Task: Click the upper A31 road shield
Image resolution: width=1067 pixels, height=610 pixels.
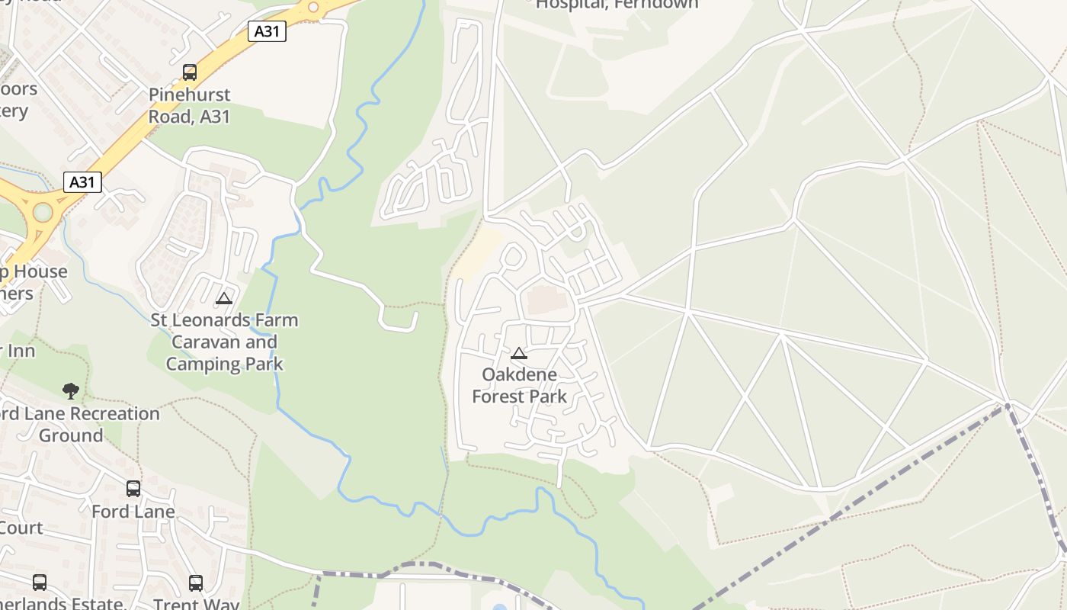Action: coord(267,31)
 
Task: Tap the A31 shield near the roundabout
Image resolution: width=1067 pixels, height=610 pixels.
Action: coord(82,182)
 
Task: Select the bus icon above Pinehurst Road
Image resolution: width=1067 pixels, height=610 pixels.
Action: coord(190,72)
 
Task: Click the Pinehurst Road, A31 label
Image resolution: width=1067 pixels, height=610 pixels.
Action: coord(189,106)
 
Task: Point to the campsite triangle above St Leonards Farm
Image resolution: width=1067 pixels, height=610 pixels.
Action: coord(223,298)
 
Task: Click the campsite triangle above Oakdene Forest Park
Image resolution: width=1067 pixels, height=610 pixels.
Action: coord(519,353)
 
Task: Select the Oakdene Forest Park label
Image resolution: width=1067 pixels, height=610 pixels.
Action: coord(520,386)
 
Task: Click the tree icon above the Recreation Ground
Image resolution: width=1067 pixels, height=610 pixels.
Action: coord(71,391)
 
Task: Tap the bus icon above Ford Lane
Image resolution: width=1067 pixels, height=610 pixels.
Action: coord(133,489)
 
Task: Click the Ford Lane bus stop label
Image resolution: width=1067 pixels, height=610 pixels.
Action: coord(133,512)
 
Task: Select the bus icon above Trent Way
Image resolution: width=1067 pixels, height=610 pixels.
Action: coord(196,583)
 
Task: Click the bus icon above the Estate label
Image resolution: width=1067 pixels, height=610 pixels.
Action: coord(40,583)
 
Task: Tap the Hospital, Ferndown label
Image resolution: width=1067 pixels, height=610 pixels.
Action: coord(617,5)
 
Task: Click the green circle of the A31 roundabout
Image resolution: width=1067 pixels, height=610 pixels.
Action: coord(43,212)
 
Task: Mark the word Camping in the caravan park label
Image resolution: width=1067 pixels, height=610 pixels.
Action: coord(203,364)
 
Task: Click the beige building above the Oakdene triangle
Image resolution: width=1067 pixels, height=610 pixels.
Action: coord(547,299)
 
